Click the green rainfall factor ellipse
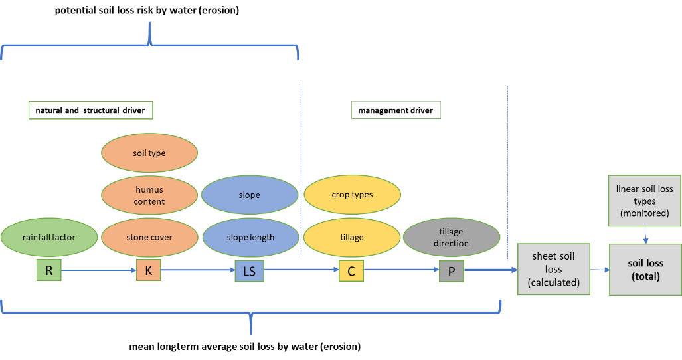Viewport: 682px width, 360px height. tap(49, 237)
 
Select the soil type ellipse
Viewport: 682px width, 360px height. tap(149, 153)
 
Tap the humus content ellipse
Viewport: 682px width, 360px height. tap(149, 195)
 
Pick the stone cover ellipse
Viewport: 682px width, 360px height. tap(149, 237)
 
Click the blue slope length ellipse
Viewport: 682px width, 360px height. tap(250, 237)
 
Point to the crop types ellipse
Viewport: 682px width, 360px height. tap(352, 195)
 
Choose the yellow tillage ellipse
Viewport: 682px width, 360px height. tap(352, 237)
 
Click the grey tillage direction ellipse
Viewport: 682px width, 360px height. tap(451, 237)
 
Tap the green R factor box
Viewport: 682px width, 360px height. tap(49, 270)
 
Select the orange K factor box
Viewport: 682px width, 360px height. tap(149, 270)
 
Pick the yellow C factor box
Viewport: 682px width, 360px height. tap(351, 270)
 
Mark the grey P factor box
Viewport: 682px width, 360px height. tap(451, 271)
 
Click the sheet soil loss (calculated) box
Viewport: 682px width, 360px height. tap(554, 270)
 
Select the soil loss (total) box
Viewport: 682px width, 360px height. tap(645, 269)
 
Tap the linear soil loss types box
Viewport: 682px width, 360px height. tap(644, 201)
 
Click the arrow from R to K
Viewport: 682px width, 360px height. tap(99, 270)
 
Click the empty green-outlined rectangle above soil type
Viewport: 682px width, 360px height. tap(91, 110)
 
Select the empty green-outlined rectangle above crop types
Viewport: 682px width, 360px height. tap(396, 110)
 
